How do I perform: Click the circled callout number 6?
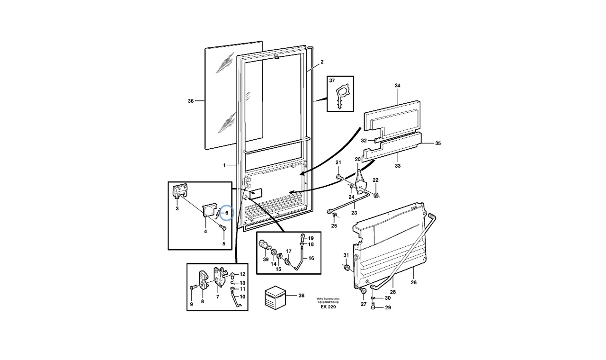coord(227,213)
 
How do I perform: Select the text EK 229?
coord(328,307)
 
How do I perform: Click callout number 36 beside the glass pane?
coord(191,100)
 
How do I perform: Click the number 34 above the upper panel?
coord(397,86)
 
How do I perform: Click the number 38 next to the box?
coord(302,296)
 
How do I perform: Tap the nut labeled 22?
coord(375,194)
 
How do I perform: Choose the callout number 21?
coord(338,162)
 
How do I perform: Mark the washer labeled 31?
coord(347,269)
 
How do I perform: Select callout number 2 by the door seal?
coord(321,62)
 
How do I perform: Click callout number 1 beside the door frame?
coord(224,165)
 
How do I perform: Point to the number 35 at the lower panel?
coord(437,143)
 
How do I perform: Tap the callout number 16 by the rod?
coord(311,259)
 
